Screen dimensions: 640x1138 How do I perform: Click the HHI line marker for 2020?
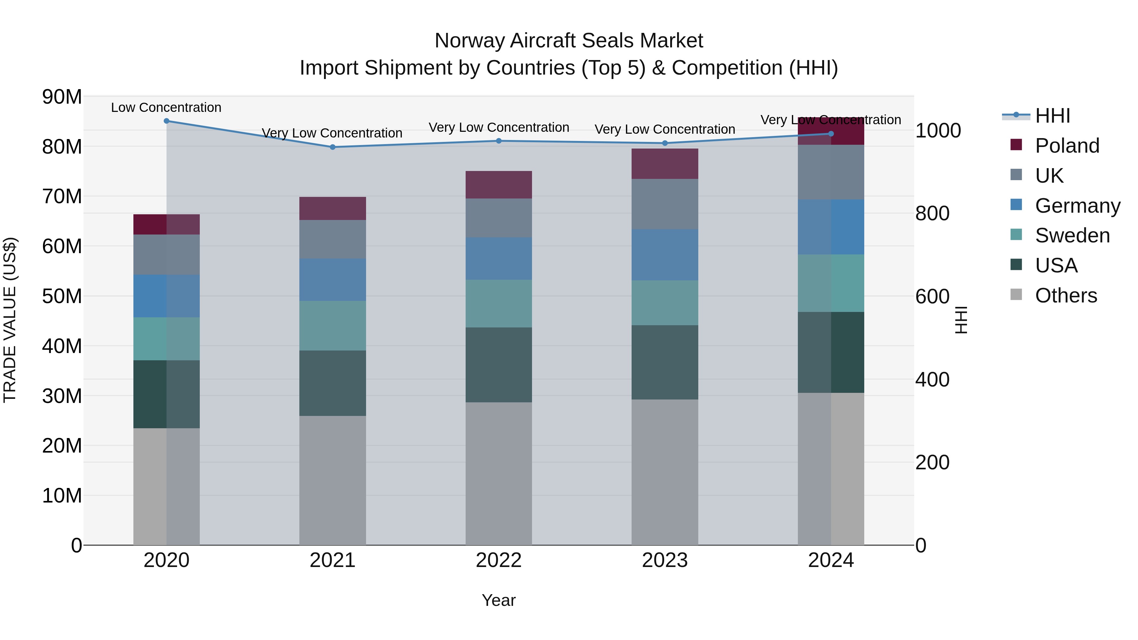pyautogui.click(x=167, y=121)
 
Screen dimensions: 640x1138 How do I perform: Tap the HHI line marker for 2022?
pyautogui.click(x=499, y=141)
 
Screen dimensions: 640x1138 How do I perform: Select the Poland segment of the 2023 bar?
pyautogui.click(x=664, y=163)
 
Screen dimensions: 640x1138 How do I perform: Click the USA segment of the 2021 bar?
pyautogui.click(x=333, y=383)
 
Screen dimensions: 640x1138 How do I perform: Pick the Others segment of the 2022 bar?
pyautogui.click(x=499, y=473)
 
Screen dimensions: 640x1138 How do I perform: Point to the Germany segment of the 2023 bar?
pyautogui.click(x=664, y=254)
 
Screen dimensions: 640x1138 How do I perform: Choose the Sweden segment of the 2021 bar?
pyautogui.click(x=333, y=326)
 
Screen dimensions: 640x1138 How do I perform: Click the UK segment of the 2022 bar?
pyautogui.click(x=499, y=218)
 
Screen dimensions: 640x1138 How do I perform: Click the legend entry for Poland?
pyautogui.click(x=1067, y=146)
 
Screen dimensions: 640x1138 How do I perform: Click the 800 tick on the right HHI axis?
pyautogui.click(x=932, y=213)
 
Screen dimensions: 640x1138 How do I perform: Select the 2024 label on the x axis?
pyautogui.click(x=830, y=560)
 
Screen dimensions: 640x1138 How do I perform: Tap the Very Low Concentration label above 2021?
pyautogui.click(x=332, y=133)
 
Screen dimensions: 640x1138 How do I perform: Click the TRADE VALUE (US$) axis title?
pyautogui.click(x=10, y=320)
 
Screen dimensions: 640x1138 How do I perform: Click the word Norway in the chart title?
pyautogui.click(x=470, y=41)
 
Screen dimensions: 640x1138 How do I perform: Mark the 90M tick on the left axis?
pyautogui.click(x=62, y=97)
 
